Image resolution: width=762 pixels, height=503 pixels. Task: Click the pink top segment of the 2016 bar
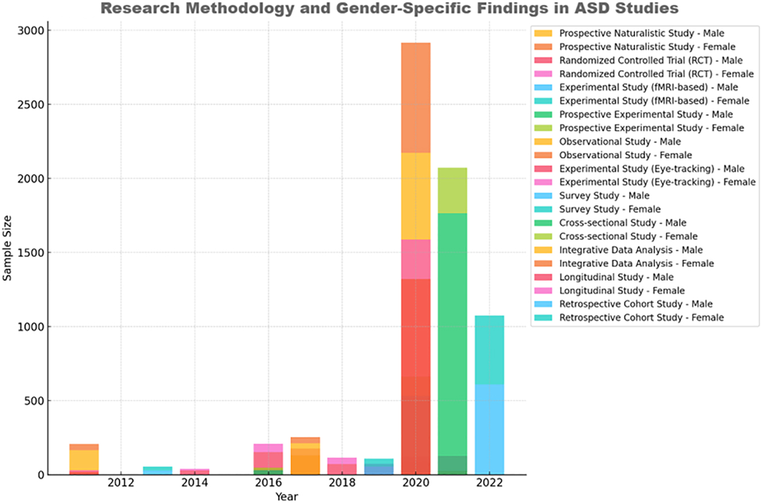268,448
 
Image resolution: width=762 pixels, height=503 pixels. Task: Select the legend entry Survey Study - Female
610,210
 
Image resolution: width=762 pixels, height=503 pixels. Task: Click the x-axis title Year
286,496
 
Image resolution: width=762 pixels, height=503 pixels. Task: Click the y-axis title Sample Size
7,253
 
